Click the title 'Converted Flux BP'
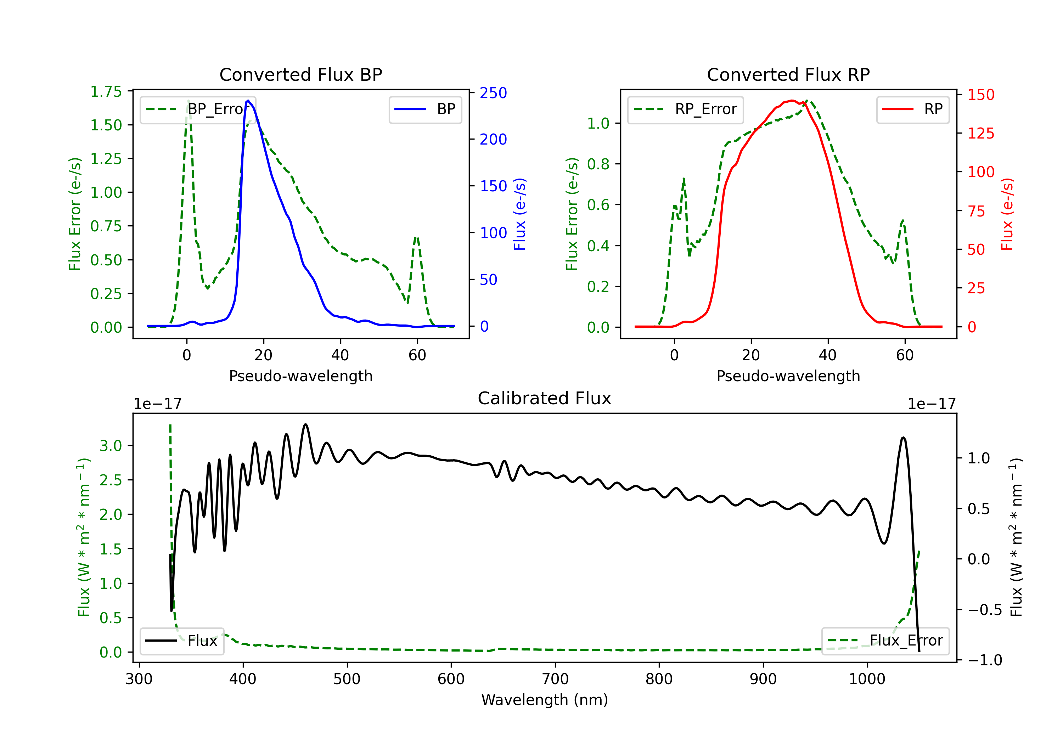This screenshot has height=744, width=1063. [301, 74]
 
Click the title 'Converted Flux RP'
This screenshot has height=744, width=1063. [788, 74]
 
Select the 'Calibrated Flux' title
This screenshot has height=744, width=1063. [545, 398]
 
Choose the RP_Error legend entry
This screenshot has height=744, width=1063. [685, 109]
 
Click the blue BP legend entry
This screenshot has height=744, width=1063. [425, 109]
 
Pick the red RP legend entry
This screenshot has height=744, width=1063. [912, 109]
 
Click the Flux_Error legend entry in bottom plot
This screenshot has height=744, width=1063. [885, 641]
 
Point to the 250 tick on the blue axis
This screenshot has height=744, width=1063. [493, 93]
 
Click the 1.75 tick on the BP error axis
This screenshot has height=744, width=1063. [106, 92]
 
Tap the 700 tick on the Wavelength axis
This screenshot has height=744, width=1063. [555, 679]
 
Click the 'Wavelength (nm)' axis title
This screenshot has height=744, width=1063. [545, 700]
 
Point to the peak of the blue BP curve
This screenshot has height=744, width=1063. [248, 101]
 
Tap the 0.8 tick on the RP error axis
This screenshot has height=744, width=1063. [598, 164]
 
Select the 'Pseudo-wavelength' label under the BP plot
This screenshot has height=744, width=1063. [301, 376]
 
